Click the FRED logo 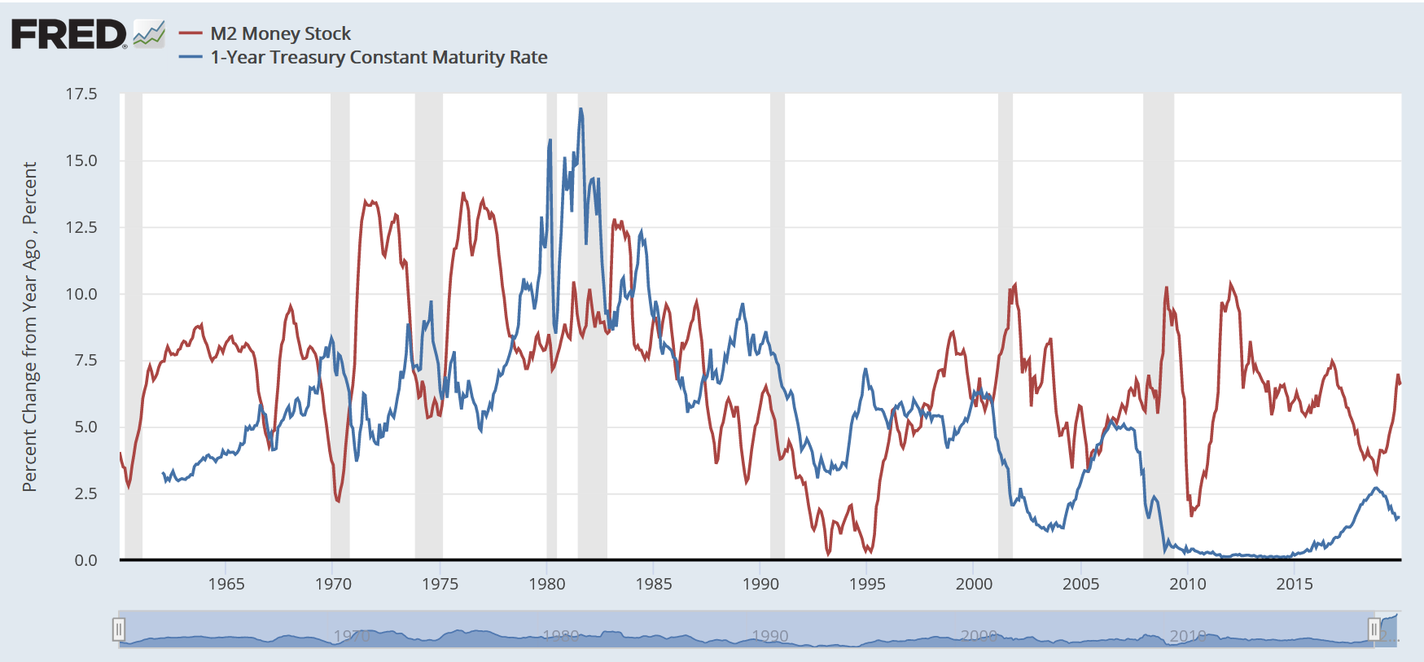point(68,34)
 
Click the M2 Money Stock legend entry point(280,33)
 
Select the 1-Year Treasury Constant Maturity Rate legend point(379,57)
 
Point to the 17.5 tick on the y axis point(81,94)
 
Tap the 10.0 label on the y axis point(81,294)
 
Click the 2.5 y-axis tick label point(85,493)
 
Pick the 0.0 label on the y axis point(85,560)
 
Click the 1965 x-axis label point(226,584)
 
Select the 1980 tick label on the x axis point(547,584)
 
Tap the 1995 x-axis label point(867,584)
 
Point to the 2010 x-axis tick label point(1188,584)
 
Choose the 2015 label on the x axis point(1295,584)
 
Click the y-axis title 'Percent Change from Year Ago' point(30,326)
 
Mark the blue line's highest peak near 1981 point(581,108)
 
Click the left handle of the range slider point(119,629)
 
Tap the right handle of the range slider point(1374,629)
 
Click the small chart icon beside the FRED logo point(149,34)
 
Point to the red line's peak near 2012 point(1230,283)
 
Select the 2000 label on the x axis point(974,584)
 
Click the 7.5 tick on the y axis point(85,360)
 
